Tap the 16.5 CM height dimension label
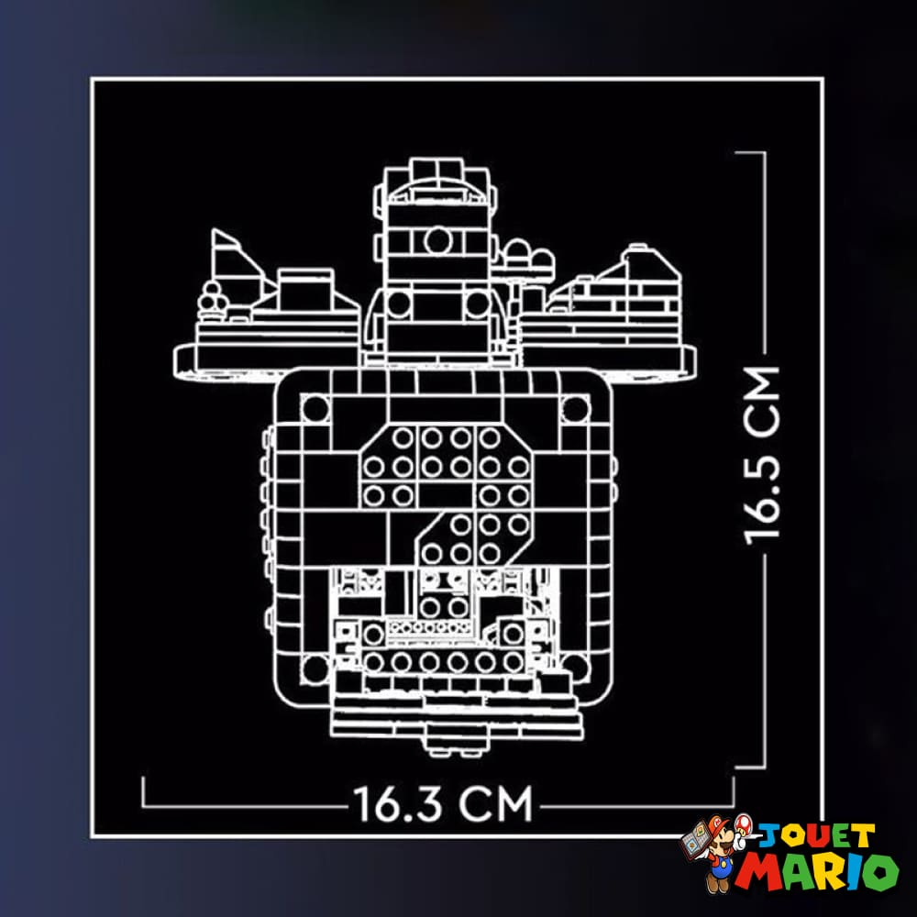click(x=761, y=456)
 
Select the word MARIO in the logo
click(x=816, y=871)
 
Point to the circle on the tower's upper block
click(x=436, y=239)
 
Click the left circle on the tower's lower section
click(x=399, y=304)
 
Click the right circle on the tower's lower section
click(x=478, y=304)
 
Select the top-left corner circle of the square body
click(x=315, y=408)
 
